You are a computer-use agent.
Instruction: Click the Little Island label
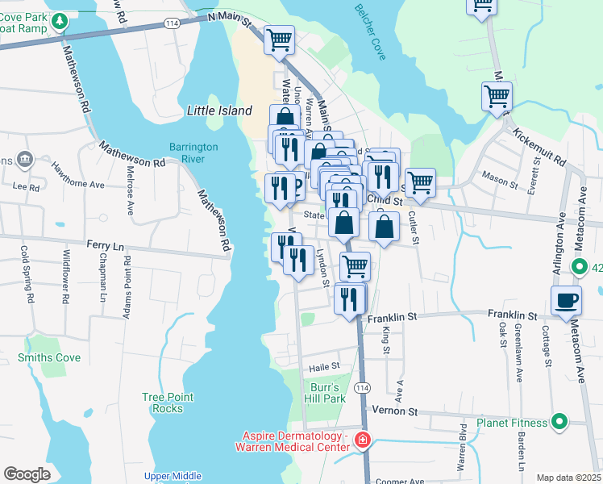point(219,111)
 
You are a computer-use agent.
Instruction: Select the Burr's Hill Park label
point(327,393)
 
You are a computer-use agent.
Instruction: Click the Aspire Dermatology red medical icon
point(363,440)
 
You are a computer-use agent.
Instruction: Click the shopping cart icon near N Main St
point(279,38)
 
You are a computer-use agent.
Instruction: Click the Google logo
point(27,474)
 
